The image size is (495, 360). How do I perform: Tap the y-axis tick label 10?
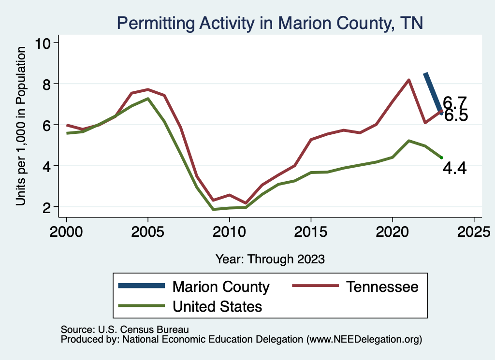coord(45,43)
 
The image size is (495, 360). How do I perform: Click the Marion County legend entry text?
coord(221,287)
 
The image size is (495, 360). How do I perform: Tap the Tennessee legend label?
coord(382,287)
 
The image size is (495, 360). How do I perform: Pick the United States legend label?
coord(218,306)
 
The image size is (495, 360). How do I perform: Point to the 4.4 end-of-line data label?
coord(454,169)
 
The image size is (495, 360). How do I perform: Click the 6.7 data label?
coord(455,102)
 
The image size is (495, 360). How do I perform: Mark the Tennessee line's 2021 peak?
coord(409,80)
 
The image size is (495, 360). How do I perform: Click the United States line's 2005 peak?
coord(148,99)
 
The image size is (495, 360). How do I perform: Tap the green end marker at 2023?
coord(441,158)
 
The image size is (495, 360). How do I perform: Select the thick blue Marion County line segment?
coord(432,92)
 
